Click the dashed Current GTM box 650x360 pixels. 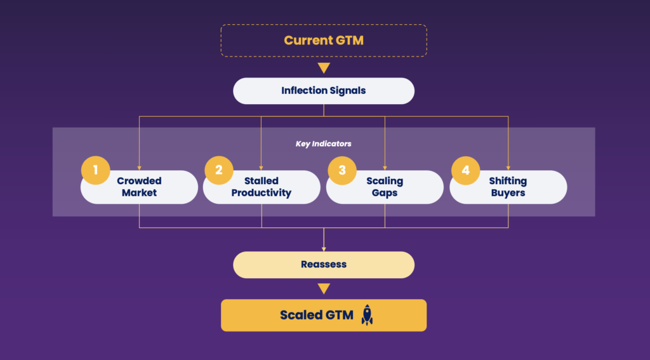coord(324,40)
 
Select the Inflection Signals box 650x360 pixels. coord(324,91)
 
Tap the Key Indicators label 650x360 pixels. coord(324,144)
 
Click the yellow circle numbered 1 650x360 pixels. coord(96,170)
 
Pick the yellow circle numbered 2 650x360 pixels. coord(219,170)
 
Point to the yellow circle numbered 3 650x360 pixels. coord(342,170)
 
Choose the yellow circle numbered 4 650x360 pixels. coord(465,170)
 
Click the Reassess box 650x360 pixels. coord(324,265)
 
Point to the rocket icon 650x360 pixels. coord(367,315)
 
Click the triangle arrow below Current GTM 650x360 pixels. coord(324,68)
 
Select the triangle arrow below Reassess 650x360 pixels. coord(324,289)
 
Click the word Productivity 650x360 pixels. coord(262,193)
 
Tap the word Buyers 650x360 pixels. coord(508,193)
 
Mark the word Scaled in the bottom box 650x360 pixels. coord(301,316)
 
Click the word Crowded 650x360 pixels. coord(139,182)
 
